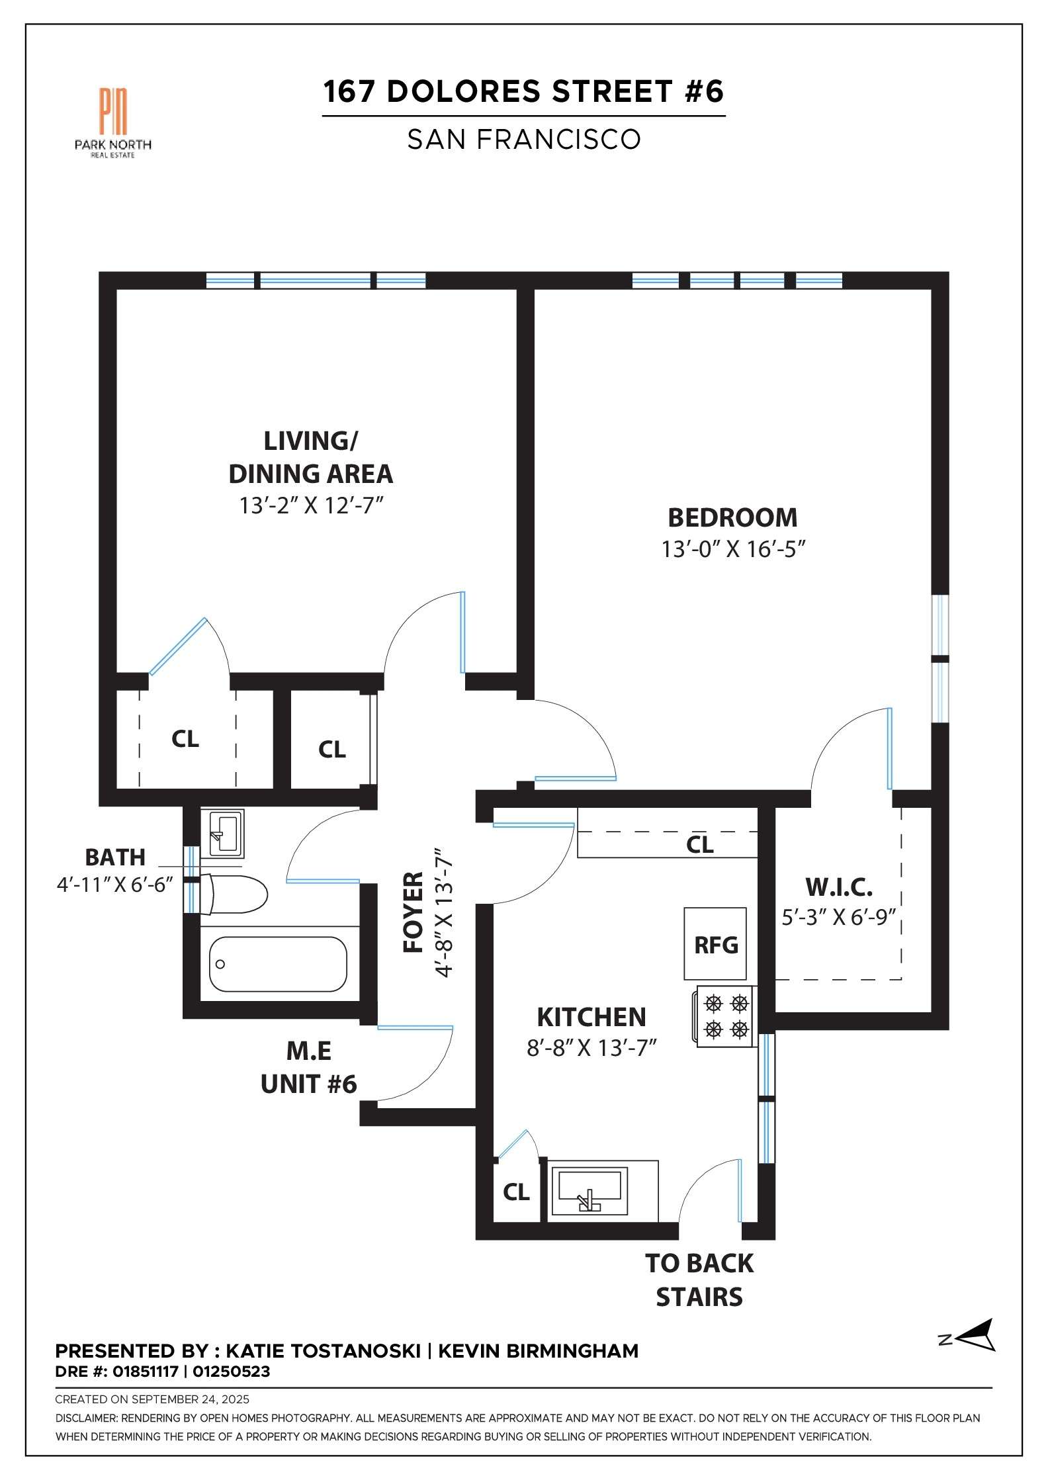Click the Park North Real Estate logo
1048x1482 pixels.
tap(113, 123)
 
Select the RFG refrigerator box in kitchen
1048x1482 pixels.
tap(715, 943)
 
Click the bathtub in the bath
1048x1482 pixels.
tap(279, 964)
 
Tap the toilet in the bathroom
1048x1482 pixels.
tap(233, 894)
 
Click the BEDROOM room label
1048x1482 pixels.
tap(732, 517)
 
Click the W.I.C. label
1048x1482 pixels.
tap(838, 886)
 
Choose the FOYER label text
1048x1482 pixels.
tap(414, 912)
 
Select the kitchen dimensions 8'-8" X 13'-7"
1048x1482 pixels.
tap(591, 1049)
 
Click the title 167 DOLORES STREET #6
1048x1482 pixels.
tap(523, 91)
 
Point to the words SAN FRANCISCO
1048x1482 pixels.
tap(523, 139)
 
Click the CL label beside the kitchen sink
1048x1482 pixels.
tap(516, 1192)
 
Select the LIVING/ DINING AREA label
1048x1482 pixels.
tap(311, 457)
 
